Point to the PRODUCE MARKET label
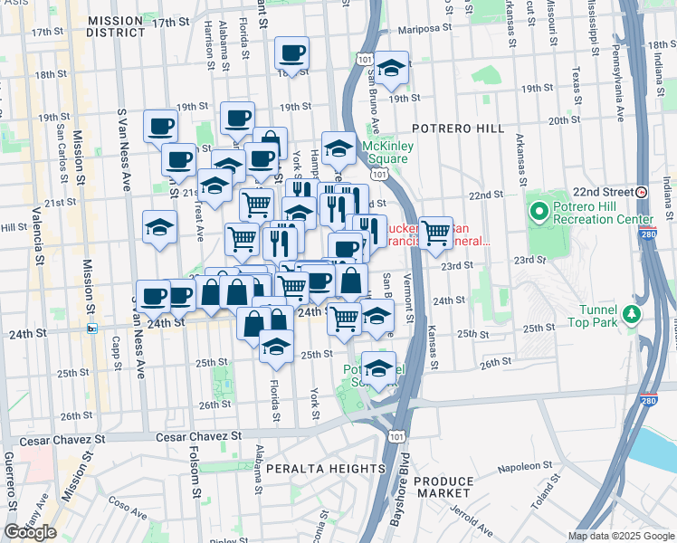(x=443, y=487)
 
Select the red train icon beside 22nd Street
(x=641, y=192)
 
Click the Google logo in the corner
(x=30, y=532)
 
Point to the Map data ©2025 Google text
(x=620, y=536)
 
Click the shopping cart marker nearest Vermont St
(x=436, y=232)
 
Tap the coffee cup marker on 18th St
(x=291, y=52)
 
